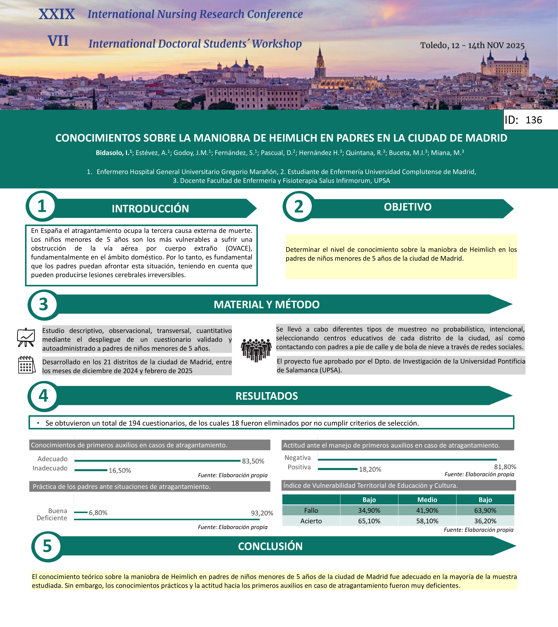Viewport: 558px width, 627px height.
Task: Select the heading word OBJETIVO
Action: point(408,207)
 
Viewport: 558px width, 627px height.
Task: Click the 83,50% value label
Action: point(253,461)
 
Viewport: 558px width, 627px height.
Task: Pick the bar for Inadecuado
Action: point(91,470)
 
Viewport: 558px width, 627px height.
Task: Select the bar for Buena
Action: point(81,512)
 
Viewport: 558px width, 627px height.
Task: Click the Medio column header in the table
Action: point(427,500)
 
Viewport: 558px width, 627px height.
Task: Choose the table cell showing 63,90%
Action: point(485,510)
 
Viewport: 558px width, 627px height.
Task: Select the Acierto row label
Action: point(311,521)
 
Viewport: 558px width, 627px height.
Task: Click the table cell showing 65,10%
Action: point(369,521)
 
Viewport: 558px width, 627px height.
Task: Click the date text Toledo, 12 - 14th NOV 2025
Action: point(472,45)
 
